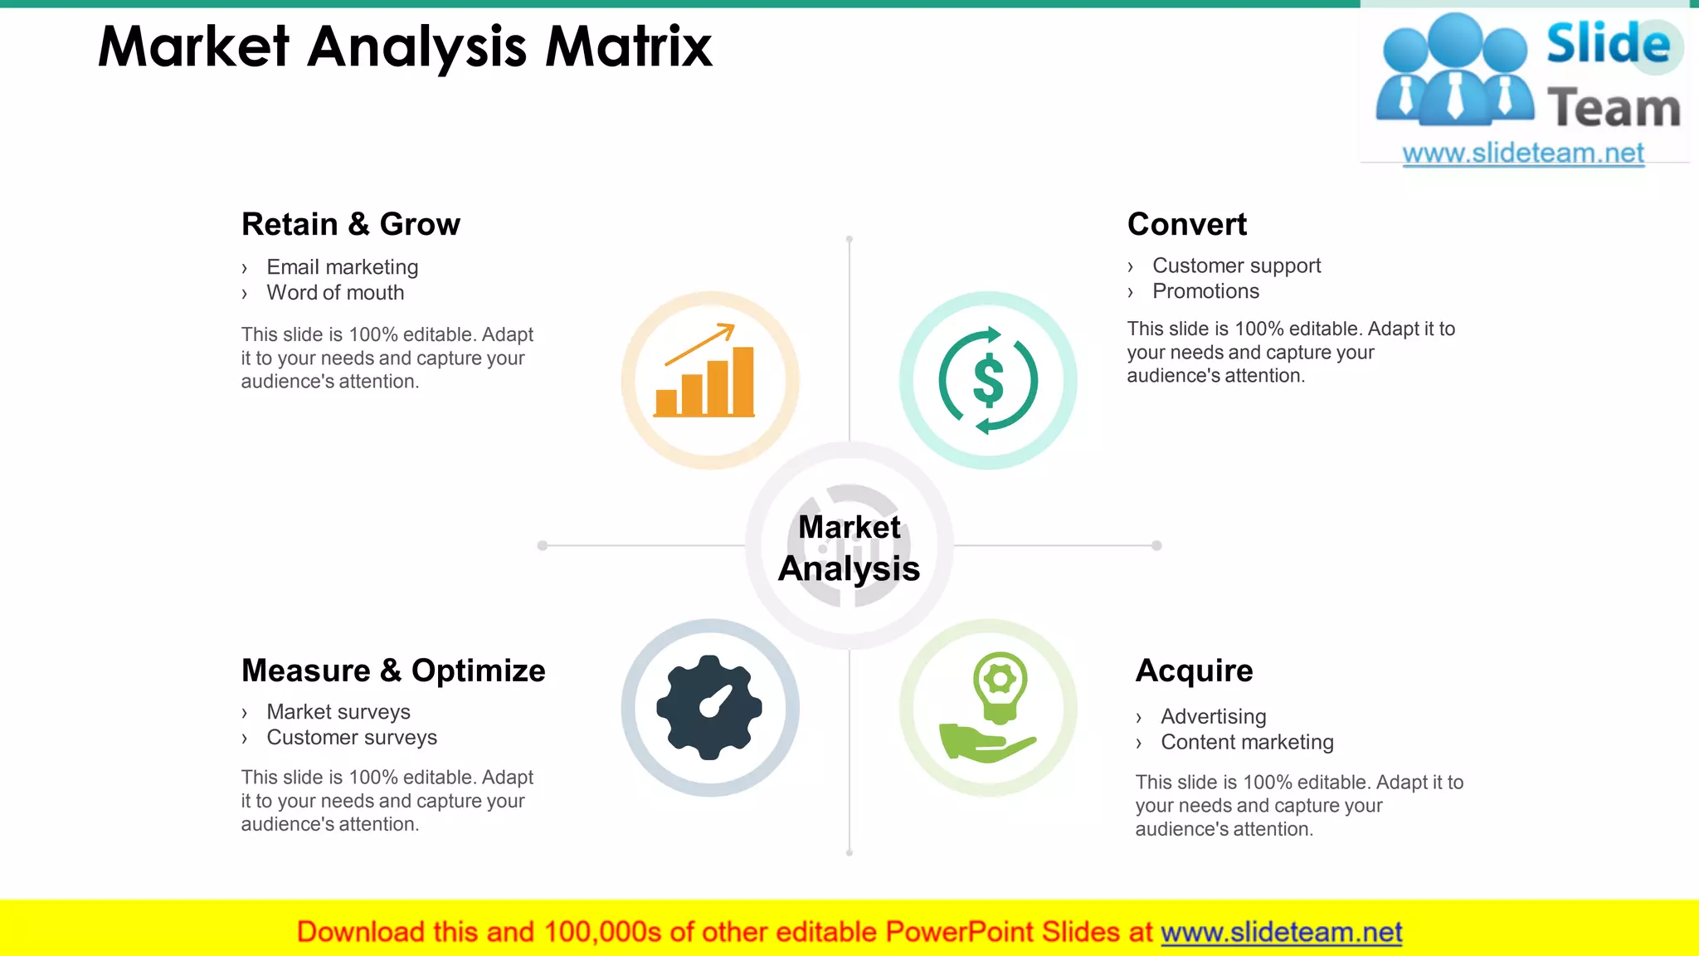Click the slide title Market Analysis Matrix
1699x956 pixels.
405,46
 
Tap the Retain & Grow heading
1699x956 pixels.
350,224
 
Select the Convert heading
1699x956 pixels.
1186,224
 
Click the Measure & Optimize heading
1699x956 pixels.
393,671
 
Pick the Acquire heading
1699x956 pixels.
1194,671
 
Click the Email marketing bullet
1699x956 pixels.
342,267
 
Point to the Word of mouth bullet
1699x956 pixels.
335,293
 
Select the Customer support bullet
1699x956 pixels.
1236,266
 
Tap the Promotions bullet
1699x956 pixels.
1205,291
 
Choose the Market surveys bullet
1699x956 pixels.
338,712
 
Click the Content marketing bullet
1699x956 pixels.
1247,743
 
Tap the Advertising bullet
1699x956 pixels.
1213,717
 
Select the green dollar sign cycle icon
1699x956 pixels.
988,380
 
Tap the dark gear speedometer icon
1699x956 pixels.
709,707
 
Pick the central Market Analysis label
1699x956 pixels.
849,548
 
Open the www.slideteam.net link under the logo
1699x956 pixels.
1522,154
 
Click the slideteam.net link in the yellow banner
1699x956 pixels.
1281,932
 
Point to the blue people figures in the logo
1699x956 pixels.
1454,71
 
